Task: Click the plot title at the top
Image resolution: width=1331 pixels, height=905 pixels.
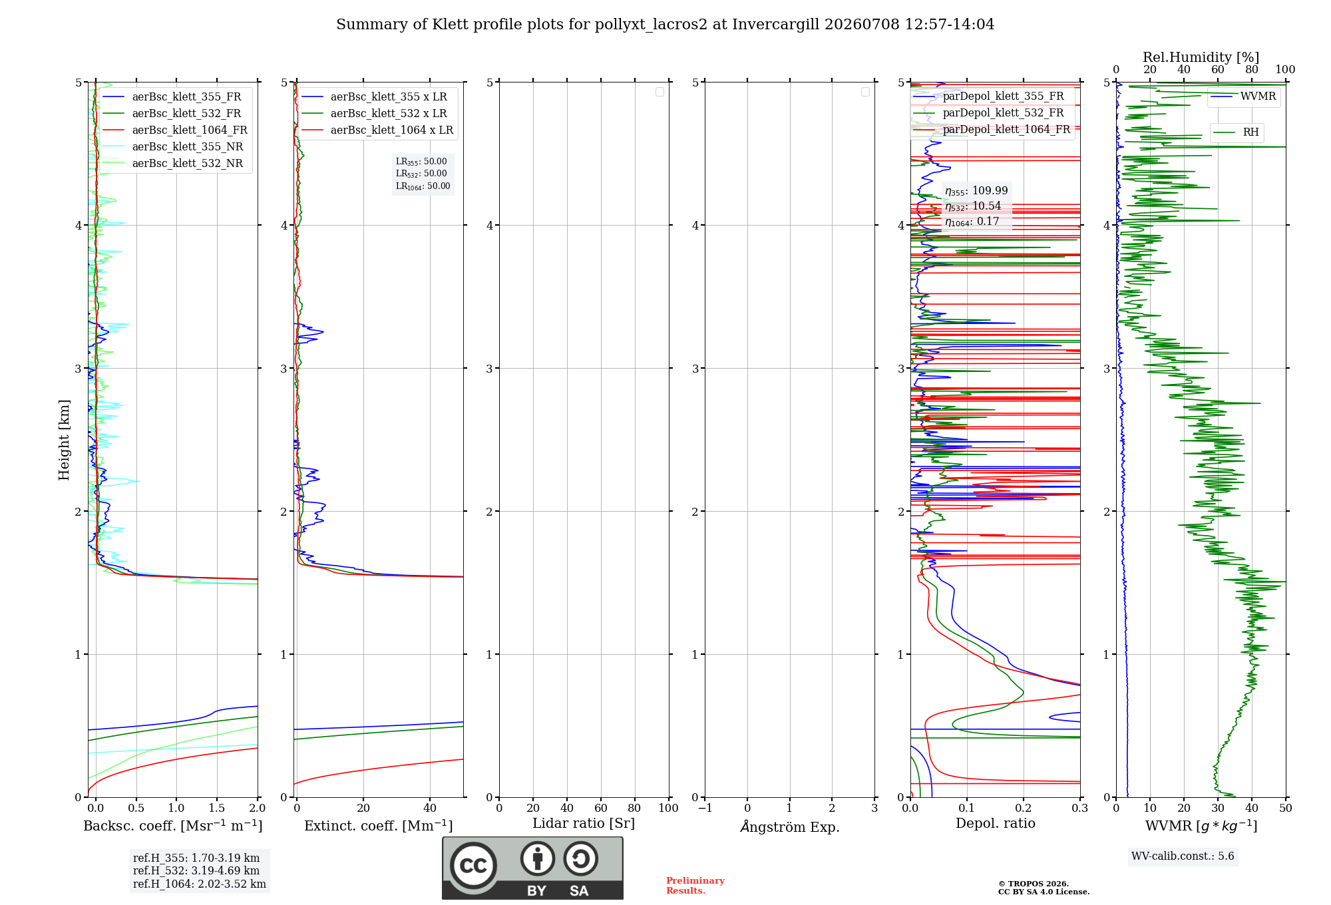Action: [665, 25]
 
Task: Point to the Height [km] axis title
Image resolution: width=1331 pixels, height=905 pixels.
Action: [64, 440]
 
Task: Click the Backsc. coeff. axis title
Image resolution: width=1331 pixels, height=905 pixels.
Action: [173, 826]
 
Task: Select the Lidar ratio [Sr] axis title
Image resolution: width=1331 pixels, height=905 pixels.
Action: [584, 823]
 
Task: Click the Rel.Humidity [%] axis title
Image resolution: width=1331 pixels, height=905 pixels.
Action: [1201, 57]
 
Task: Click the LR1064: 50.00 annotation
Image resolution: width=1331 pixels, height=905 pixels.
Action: [423, 186]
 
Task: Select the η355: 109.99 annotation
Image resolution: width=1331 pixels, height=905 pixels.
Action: [976, 191]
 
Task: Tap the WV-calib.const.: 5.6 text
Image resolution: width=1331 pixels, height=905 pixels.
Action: [1183, 856]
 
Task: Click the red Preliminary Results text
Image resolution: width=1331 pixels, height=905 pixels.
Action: [695, 886]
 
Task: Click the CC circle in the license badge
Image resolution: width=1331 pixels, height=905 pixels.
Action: [473, 865]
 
